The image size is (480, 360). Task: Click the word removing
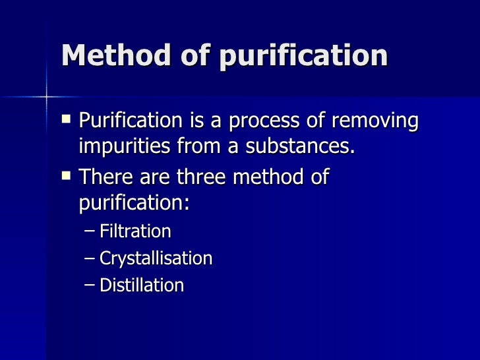point(380,122)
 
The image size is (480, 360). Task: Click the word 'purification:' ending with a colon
point(134,202)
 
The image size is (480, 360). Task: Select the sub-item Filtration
point(135,231)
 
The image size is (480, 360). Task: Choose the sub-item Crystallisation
point(156,258)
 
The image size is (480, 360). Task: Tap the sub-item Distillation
point(141,285)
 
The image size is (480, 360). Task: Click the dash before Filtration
point(90,232)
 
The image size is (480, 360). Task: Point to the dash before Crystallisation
point(90,258)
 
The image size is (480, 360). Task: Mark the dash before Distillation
point(90,285)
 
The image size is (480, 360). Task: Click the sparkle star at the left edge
point(47,97)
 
